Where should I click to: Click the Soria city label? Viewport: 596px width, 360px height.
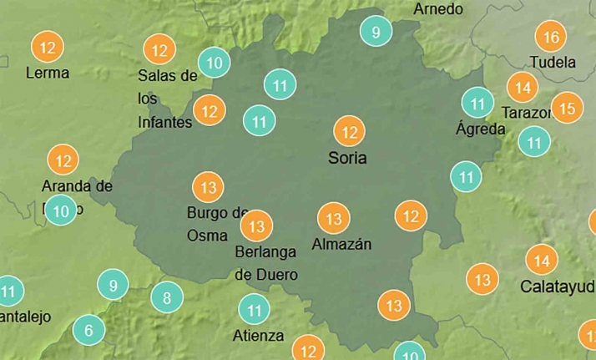pyautogui.click(x=347, y=157)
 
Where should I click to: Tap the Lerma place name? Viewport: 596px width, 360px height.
pyautogui.click(x=48, y=73)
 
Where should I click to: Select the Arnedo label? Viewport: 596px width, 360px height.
pyautogui.click(x=438, y=9)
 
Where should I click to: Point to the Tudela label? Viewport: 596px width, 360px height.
pyautogui.click(x=553, y=62)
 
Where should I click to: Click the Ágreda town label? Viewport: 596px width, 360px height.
pyautogui.click(x=481, y=129)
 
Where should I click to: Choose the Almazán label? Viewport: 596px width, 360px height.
pyautogui.click(x=341, y=244)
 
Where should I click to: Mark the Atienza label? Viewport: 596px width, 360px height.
pyautogui.click(x=258, y=336)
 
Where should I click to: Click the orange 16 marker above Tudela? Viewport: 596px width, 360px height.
pyautogui.click(x=551, y=38)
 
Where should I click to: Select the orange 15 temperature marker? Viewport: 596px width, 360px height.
pyautogui.click(x=568, y=109)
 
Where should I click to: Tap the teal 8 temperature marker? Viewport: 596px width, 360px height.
pyautogui.click(x=167, y=297)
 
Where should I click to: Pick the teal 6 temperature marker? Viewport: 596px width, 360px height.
pyautogui.click(x=89, y=331)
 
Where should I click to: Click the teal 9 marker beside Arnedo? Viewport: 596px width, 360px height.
pyautogui.click(x=376, y=33)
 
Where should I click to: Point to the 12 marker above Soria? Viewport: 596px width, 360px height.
pyautogui.click(x=350, y=132)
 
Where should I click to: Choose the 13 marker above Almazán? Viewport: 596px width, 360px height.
pyautogui.click(x=334, y=219)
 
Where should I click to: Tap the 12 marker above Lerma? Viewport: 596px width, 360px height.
pyautogui.click(x=48, y=47)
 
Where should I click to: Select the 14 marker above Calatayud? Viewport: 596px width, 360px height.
pyautogui.click(x=542, y=261)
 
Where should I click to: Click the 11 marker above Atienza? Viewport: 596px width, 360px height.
pyautogui.click(x=254, y=310)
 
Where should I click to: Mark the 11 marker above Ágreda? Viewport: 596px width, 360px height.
pyautogui.click(x=478, y=104)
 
